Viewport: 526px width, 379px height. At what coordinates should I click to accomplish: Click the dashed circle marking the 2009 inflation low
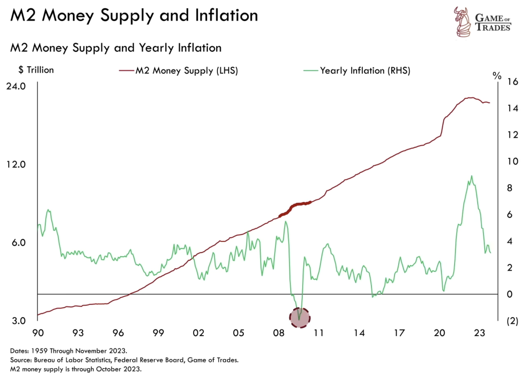click(x=300, y=318)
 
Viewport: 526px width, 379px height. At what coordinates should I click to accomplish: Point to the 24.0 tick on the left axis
click(x=16, y=86)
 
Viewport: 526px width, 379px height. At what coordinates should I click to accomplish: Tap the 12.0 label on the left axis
click(x=16, y=164)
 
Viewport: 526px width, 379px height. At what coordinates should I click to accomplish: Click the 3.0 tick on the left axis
click(x=18, y=320)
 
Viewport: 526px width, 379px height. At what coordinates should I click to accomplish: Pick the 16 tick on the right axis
click(x=512, y=81)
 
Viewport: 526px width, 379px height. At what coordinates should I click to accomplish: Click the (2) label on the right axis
click(x=512, y=321)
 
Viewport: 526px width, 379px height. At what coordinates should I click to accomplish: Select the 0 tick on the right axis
click(x=510, y=294)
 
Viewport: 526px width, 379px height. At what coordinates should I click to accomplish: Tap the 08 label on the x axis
click(x=278, y=333)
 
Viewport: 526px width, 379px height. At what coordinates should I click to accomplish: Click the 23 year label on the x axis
click(x=479, y=333)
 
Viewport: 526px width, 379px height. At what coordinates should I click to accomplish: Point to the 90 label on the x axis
click(x=38, y=333)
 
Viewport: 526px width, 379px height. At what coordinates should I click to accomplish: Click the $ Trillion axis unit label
click(x=36, y=70)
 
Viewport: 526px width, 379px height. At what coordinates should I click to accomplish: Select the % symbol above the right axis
click(x=497, y=75)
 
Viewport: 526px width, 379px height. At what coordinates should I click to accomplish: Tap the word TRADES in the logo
click(x=493, y=27)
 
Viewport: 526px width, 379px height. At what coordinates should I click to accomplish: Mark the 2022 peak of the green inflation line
click(x=472, y=176)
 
